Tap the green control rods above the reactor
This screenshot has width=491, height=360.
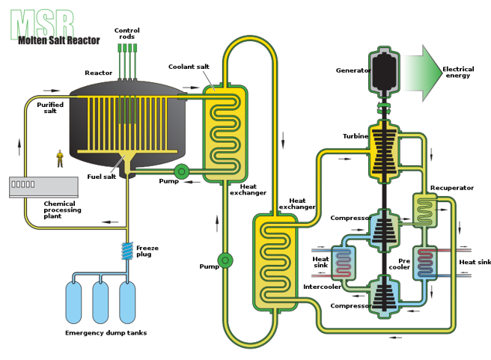(x=127, y=56)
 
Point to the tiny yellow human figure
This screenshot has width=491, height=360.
(x=60, y=157)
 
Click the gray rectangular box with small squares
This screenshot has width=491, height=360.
(x=43, y=186)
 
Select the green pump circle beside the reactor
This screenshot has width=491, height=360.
(x=181, y=172)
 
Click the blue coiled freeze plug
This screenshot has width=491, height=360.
(x=128, y=252)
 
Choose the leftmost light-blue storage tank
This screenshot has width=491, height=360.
(x=73, y=301)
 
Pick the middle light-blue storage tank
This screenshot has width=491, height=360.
(x=100, y=301)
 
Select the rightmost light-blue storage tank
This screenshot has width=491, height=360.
(x=127, y=301)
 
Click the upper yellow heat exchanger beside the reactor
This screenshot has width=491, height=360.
(x=225, y=133)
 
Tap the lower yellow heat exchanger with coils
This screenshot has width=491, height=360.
(x=275, y=261)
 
